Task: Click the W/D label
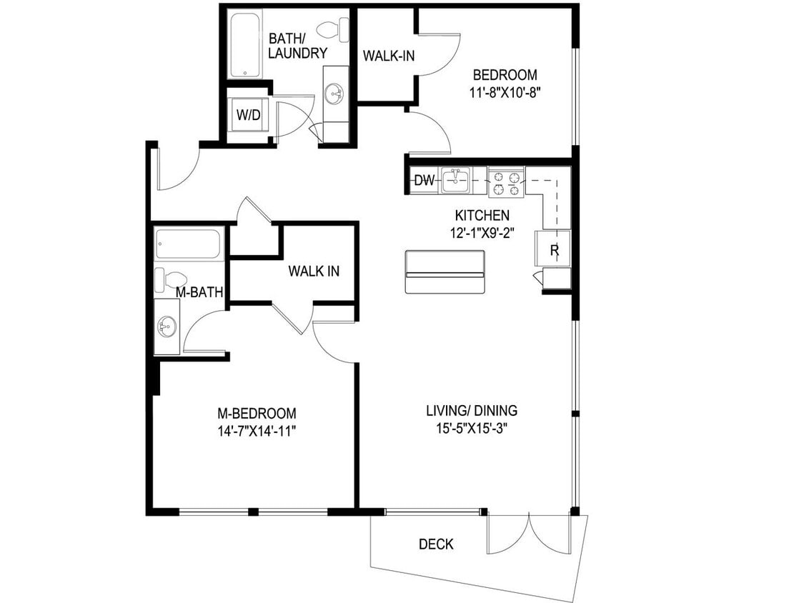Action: (x=248, y=115)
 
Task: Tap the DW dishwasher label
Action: (x=424, y=181)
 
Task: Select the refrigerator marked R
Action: (x=555, y=249)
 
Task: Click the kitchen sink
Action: (x=455, y=180)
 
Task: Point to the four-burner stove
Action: (x=506, y=181)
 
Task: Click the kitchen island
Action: (x=445, y=271)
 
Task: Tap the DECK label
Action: (x=436, y=544)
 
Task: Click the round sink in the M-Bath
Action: (x=167, y=327)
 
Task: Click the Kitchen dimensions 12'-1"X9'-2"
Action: (x=482, y=231)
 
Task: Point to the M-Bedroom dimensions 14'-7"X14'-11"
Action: (x=257, y=430)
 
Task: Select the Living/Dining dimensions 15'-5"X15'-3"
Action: (x=472, y=428)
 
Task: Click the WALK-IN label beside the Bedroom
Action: (x=389, y=56)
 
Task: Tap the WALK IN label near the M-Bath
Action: (x=314, y=271)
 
